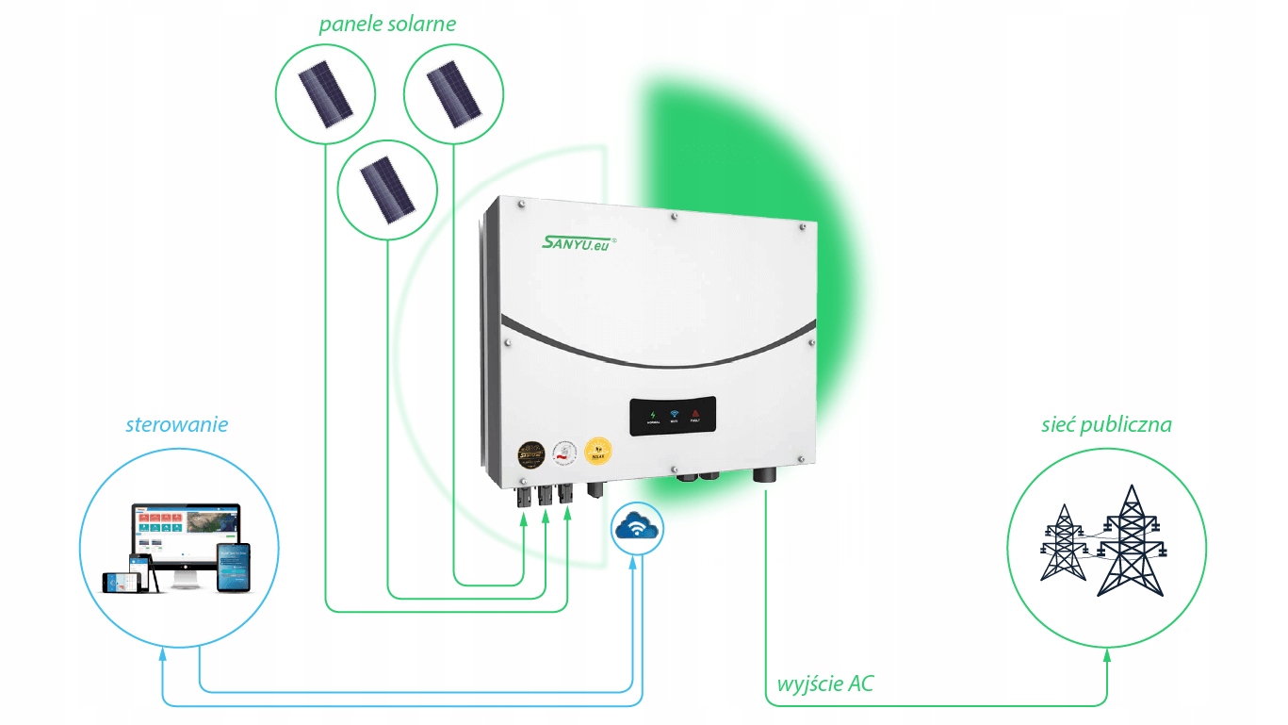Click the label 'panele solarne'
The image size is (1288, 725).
(x=386, y=24)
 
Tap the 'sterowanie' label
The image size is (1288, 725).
(x=176, y=423)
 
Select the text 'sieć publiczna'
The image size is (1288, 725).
(x=1106, y=423)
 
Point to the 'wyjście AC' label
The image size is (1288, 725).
(x=824, y=683)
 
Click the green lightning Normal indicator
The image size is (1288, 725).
(x=653, y=415)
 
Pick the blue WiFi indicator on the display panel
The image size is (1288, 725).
(x=675, y=415)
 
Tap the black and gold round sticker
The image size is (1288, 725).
(x=530, y=453)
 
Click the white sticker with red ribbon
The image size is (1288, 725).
(x=564, y=452)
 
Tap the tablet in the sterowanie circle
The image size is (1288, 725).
(x=233, y=568)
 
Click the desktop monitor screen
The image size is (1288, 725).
(x=186, y=533)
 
